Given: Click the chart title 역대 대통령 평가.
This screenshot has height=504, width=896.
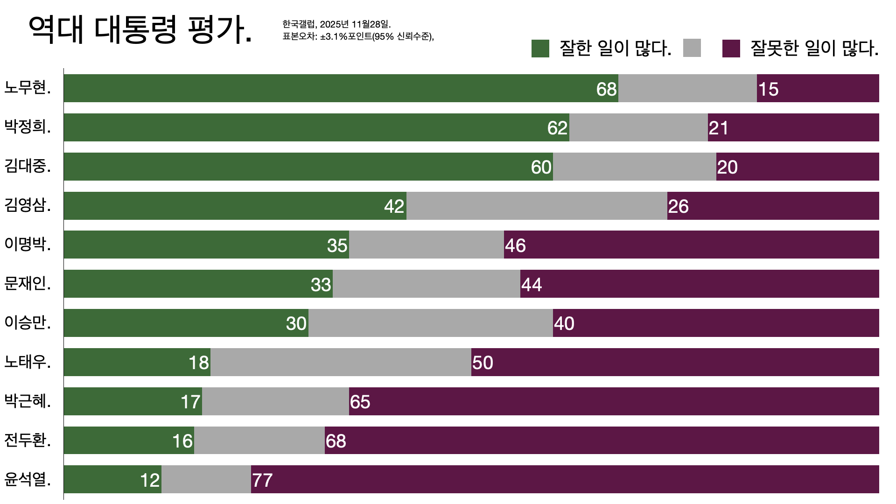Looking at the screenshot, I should pos(140,30).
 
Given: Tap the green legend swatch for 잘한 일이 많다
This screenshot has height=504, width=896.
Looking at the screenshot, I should pos(540,49).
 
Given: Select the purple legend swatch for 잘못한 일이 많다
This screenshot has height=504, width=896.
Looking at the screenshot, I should pos(731,49).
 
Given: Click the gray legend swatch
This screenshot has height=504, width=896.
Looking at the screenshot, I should pos(692,49).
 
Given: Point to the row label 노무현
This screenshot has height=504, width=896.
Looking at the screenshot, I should pos(28,88).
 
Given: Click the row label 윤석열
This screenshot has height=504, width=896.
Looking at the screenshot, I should pos(28,479).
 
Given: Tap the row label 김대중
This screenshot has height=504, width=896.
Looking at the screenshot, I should pos(28,166).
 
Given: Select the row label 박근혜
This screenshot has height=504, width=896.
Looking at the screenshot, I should pos(28,401).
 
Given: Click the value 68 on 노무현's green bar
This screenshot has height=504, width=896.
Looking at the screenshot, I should pos(606,89).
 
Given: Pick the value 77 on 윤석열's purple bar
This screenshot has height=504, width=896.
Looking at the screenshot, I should pos(262,480).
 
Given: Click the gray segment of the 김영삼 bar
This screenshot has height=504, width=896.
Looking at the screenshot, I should pos(537,206).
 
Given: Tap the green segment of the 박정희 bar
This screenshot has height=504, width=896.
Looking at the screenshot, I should pos(303,127).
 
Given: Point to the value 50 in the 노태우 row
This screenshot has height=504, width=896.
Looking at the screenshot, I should pos(483,363).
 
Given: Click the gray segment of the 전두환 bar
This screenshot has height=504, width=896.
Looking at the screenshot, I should pos(259,440).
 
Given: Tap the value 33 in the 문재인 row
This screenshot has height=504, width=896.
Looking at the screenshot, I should pos(321,285).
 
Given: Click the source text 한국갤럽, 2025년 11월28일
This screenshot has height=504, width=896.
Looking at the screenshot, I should pos(336,24).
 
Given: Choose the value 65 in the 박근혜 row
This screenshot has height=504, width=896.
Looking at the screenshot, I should pos(360,402).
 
